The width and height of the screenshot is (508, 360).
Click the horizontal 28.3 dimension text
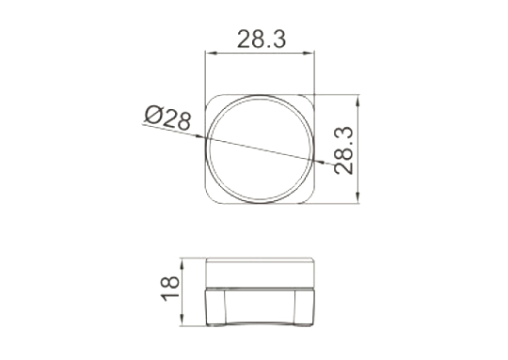[x=262, y=39]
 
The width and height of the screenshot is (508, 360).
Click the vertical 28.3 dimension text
[x=343, y=150]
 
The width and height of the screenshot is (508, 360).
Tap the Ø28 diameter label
[x=167, y=117]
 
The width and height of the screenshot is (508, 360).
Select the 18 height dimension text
[x=170, y=289]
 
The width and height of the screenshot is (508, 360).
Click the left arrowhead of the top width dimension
[x=210, y=54]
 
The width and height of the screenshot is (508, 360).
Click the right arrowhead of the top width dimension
[x=310, y=54]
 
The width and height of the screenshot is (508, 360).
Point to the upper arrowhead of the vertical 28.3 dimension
[x=357, y=101]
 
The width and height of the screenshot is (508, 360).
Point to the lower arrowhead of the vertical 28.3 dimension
[x=357, y=197]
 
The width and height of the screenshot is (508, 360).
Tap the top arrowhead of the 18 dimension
[x=183, y=264]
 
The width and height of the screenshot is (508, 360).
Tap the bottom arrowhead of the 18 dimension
[x=183, y=320]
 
